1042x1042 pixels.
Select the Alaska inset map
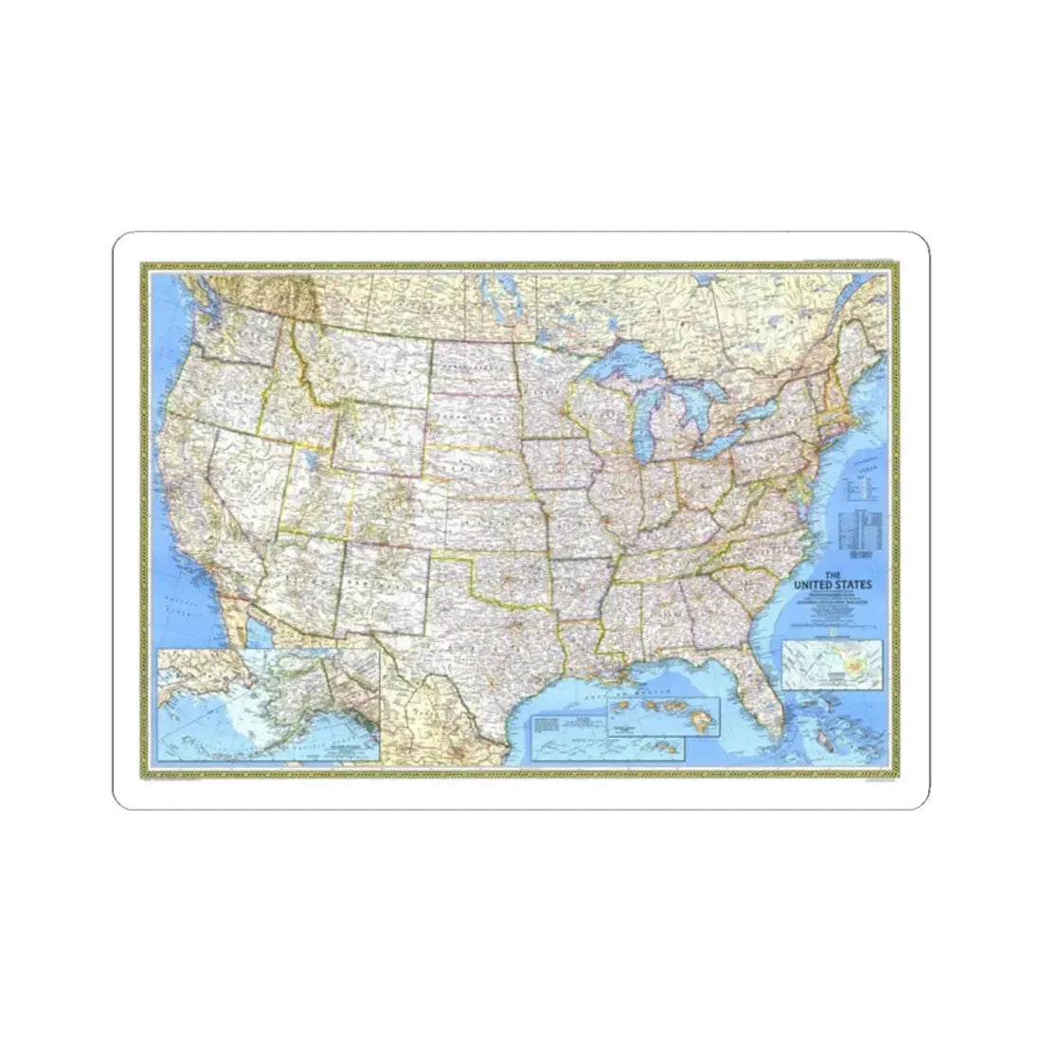pos(269,702)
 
